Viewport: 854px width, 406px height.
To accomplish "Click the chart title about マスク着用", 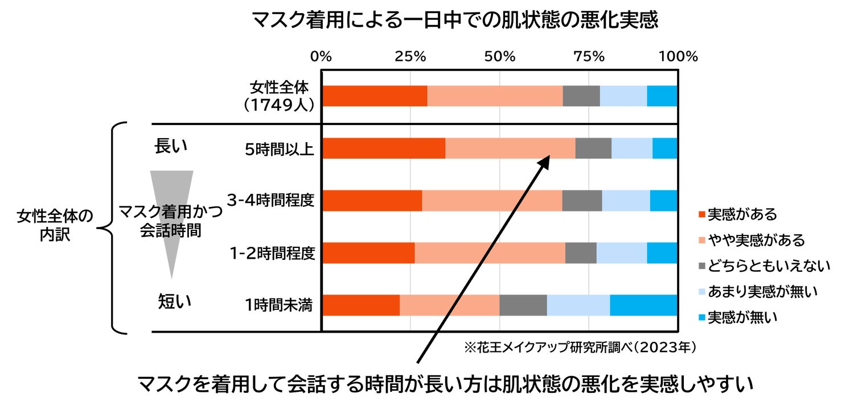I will pyautogui.click(x=454, y=21).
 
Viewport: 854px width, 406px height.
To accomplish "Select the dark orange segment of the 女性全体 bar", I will pyautogui.click(x=375, y=96).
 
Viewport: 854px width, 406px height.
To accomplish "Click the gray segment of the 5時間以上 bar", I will pyautogui.click(x=593, y=148).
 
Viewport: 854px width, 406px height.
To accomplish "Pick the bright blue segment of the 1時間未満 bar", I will pyautogui.click(x=643, y=305).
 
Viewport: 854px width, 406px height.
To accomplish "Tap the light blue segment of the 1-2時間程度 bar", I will pyautogui.click(x=622, y=252).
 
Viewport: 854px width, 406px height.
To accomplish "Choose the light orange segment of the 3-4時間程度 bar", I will pyautogui.click(x=492, y=201).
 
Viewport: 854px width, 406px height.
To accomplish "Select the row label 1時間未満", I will pyautogui.click(x=279, y=305).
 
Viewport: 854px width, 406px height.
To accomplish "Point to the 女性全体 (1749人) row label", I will pyautogui.click(x=279, y=96).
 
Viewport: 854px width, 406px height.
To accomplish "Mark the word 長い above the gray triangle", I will pyautogui.click(x=171, y=146).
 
